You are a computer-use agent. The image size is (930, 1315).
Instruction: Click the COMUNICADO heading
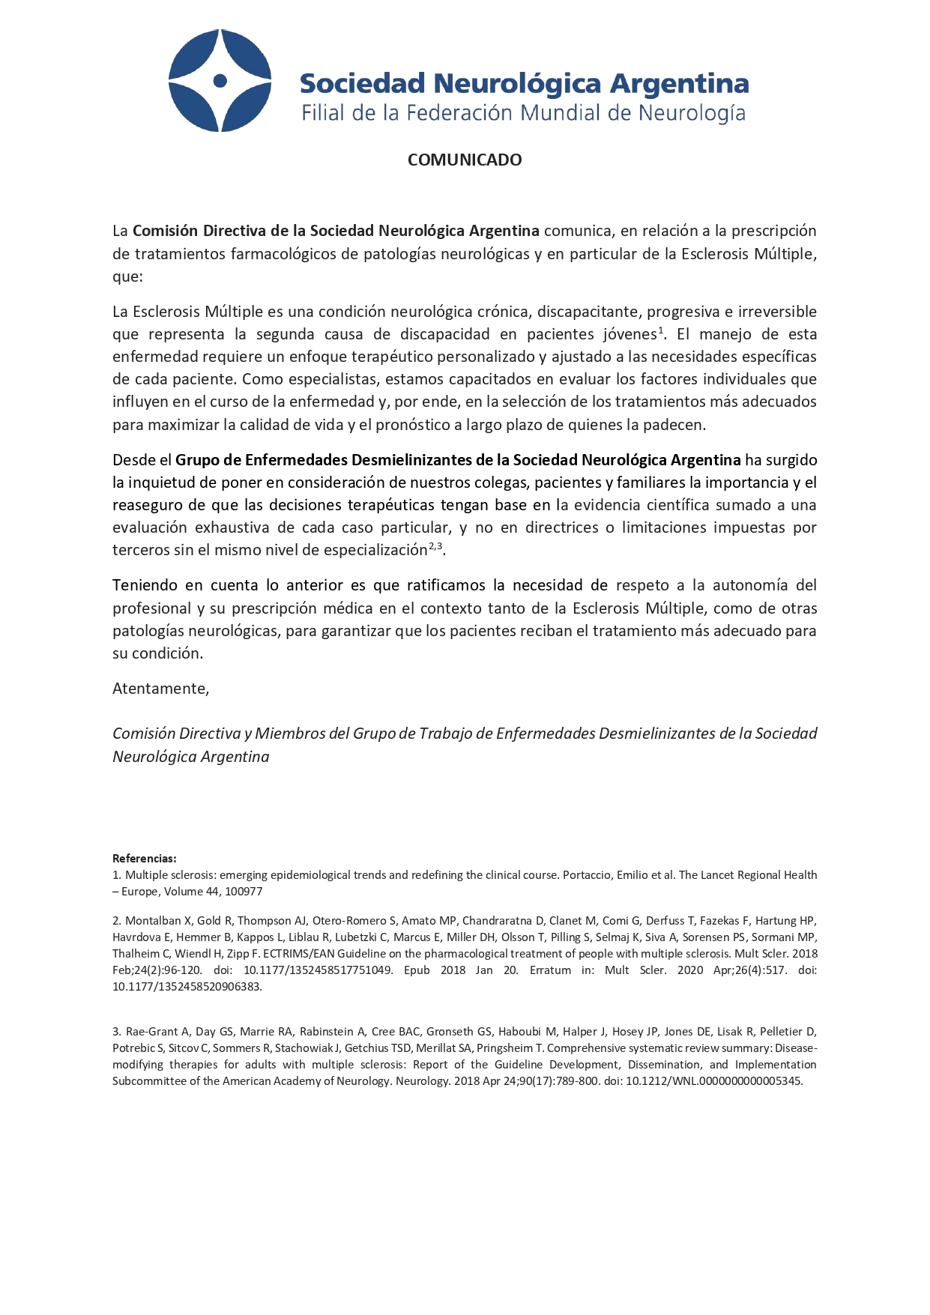pos(465,160)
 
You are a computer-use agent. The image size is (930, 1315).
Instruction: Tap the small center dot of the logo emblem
pos(220,80)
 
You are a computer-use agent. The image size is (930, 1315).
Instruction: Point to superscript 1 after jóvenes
pos(661,330)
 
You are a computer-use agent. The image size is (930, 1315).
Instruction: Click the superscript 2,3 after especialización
pos(435,545)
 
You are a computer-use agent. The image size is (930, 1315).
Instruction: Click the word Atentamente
pos(160,689)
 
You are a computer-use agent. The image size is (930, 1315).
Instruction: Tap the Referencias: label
pos(145,858)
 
